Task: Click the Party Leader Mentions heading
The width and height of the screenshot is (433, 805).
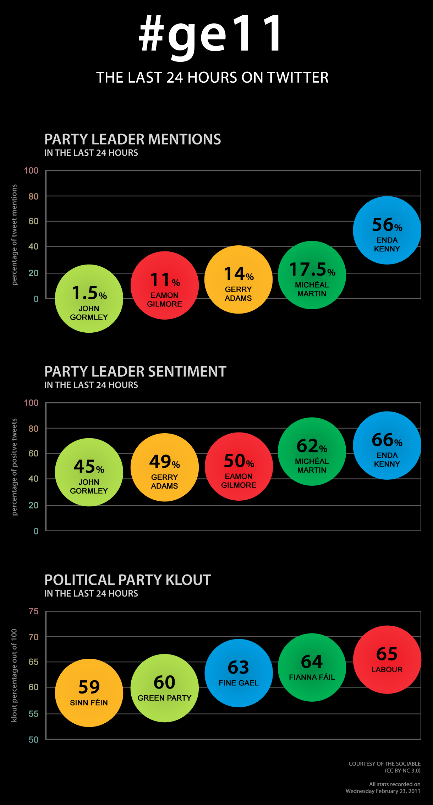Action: pos(132,139)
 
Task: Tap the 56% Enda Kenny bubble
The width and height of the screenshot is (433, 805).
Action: pos(387,230)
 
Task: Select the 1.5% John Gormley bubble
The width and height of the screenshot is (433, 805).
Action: pos(89,299)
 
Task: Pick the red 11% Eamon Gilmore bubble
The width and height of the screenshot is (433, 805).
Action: pos(164,285)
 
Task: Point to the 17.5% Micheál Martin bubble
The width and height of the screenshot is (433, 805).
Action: pos(312,275)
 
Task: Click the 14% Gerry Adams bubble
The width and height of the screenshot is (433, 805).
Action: pos(238,279)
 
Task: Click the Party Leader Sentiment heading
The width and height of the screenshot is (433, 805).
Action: pos(135,371)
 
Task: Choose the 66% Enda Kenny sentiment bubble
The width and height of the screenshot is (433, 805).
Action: pos(387,445)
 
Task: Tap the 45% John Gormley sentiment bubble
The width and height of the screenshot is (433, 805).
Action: pos(89,472)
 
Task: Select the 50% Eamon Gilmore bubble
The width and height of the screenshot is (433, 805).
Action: pos(239,466)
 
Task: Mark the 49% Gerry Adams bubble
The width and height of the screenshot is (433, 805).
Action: pos(164,467)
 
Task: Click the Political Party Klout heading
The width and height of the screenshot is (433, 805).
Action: pos(127,580)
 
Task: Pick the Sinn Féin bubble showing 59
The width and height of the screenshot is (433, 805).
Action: pos(89,693)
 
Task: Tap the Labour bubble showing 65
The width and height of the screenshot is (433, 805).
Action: pos(387,660)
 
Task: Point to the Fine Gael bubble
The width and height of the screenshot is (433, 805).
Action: pos(239,673)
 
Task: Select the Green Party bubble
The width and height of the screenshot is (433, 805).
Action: pos(164,688)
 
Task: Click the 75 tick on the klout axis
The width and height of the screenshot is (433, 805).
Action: pos(33,611)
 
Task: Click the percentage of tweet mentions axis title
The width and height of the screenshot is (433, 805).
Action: pos(14,235)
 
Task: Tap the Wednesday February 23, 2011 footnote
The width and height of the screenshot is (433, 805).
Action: pos(383,791)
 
